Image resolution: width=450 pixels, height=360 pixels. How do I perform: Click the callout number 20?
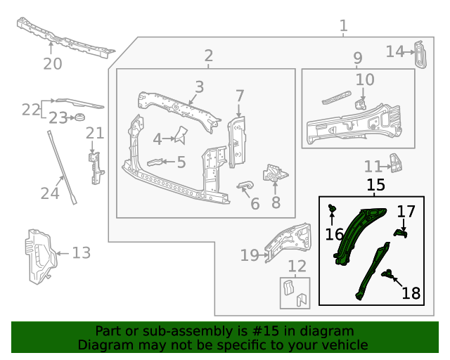(x=52, y=64)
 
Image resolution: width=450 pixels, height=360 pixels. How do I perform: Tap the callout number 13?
(x=82, y=252)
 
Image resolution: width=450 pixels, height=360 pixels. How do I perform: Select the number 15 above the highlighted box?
(x=375, y=186)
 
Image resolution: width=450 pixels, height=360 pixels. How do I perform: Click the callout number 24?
(x=49, y=192)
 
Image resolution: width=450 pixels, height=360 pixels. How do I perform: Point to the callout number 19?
(x=250, y=255)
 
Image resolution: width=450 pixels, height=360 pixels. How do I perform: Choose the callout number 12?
(x=297, y=266)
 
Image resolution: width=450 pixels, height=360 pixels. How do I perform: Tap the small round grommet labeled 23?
(x=79, y=117)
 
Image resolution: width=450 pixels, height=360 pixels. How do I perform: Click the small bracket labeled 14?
(x=419, y=54)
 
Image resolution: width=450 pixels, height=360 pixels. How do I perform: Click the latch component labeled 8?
(x=274, y=173)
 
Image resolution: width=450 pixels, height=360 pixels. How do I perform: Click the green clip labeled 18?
(x=386, y=274)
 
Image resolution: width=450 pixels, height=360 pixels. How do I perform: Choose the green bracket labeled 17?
(x=400, y=231)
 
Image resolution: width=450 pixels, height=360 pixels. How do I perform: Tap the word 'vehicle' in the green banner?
(x=344, y=345)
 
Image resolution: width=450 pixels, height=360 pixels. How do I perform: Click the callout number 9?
(x=357, y=58)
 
